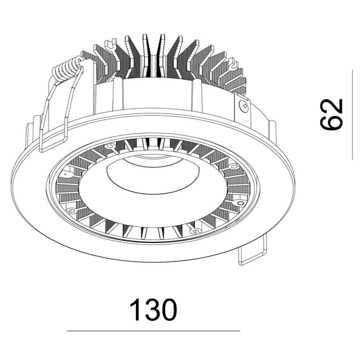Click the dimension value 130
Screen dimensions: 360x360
[153, 310]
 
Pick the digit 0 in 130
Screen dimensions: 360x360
[170, 310]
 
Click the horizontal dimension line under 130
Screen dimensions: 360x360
[153, 331]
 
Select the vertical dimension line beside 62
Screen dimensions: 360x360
[352, 114]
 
